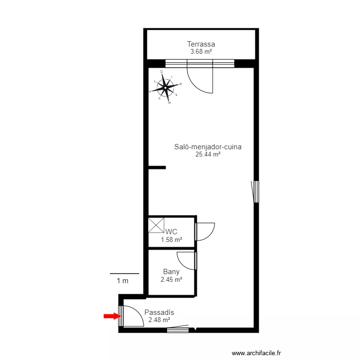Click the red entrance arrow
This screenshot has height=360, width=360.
111,316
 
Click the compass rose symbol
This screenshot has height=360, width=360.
166,88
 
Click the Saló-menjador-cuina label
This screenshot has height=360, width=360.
208,147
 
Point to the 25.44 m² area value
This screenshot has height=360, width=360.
208,155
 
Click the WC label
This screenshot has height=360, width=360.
171,232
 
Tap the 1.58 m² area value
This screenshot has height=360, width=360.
171,240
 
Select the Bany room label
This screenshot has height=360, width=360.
171,272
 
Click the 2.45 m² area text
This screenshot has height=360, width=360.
171,279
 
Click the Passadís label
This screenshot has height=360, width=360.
159,312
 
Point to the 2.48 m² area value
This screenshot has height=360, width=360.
159,320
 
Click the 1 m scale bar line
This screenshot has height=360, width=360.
124,274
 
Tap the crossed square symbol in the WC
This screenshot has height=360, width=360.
156,226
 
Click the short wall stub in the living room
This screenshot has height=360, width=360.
157,168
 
